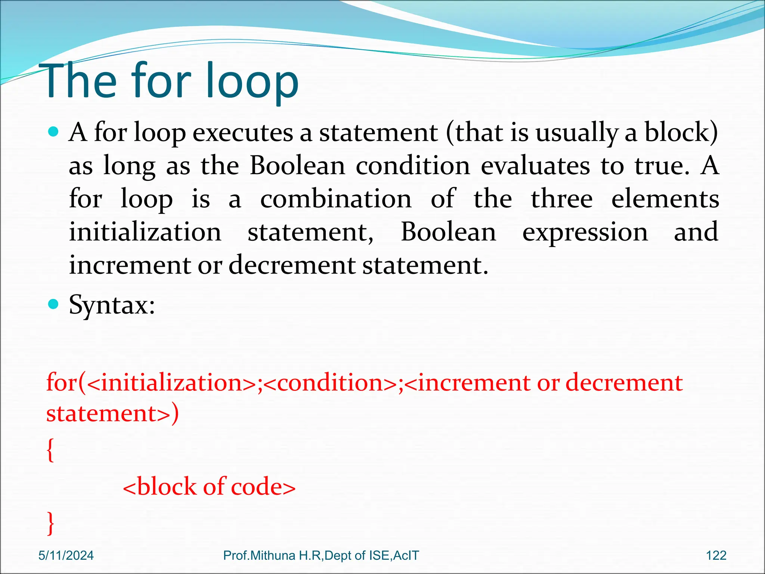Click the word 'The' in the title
(80, 81)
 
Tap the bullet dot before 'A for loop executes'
(54, 132)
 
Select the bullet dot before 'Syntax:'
(54, 304)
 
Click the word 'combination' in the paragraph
(336, 199)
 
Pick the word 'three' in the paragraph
(561, 199)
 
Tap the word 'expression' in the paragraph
(585, 232)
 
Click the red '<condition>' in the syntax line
(330, 383)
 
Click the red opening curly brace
(50, 450)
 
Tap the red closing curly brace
(50, 523)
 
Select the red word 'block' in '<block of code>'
(166, 487)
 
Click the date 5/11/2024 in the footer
(66, 556)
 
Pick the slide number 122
(716, 556)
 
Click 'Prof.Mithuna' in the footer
(259, 556)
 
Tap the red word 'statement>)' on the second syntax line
(112, 414)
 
